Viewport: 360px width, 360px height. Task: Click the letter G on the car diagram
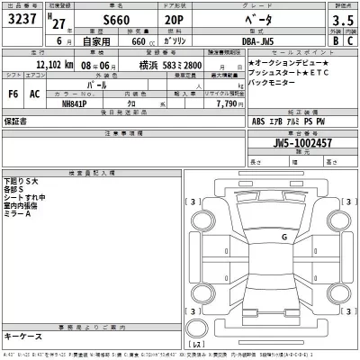coord(284,237)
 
